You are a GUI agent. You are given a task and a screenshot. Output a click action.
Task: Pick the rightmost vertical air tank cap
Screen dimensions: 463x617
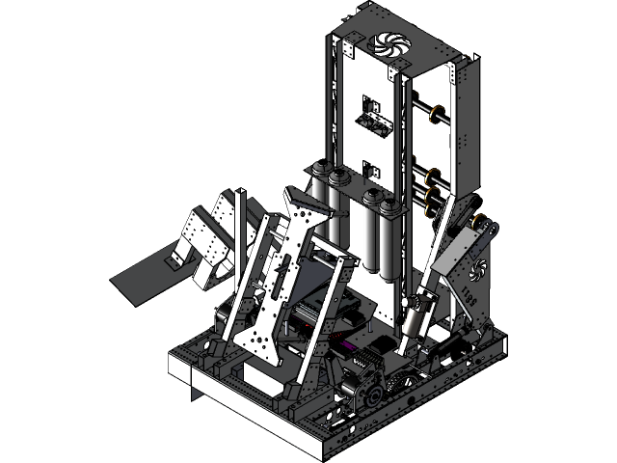click(x=389, y=205)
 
